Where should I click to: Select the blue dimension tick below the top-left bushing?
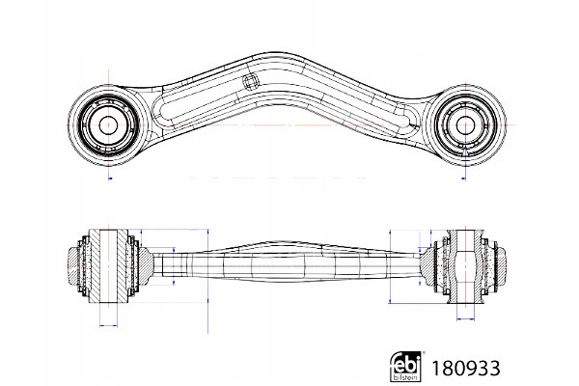click(111, 179)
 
